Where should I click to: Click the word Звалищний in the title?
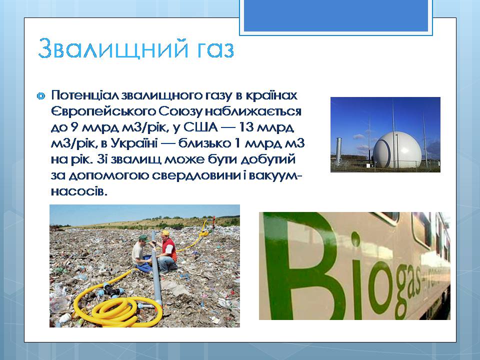click(x=112, y=49)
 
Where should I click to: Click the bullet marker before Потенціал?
click(x=40, y=96)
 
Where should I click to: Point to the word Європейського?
click(x=103, y=111)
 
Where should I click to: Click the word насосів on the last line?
click(x=79, y=191)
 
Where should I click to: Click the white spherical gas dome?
click(x=396, y=150)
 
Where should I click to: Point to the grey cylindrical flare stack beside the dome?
click(x=339, y=149)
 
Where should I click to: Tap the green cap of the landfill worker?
click(x=142, y=237)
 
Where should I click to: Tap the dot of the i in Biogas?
click(x=355, y=239)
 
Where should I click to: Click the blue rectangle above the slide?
click(x=336, y=15)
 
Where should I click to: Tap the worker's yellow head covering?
click(x=165, y=233)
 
